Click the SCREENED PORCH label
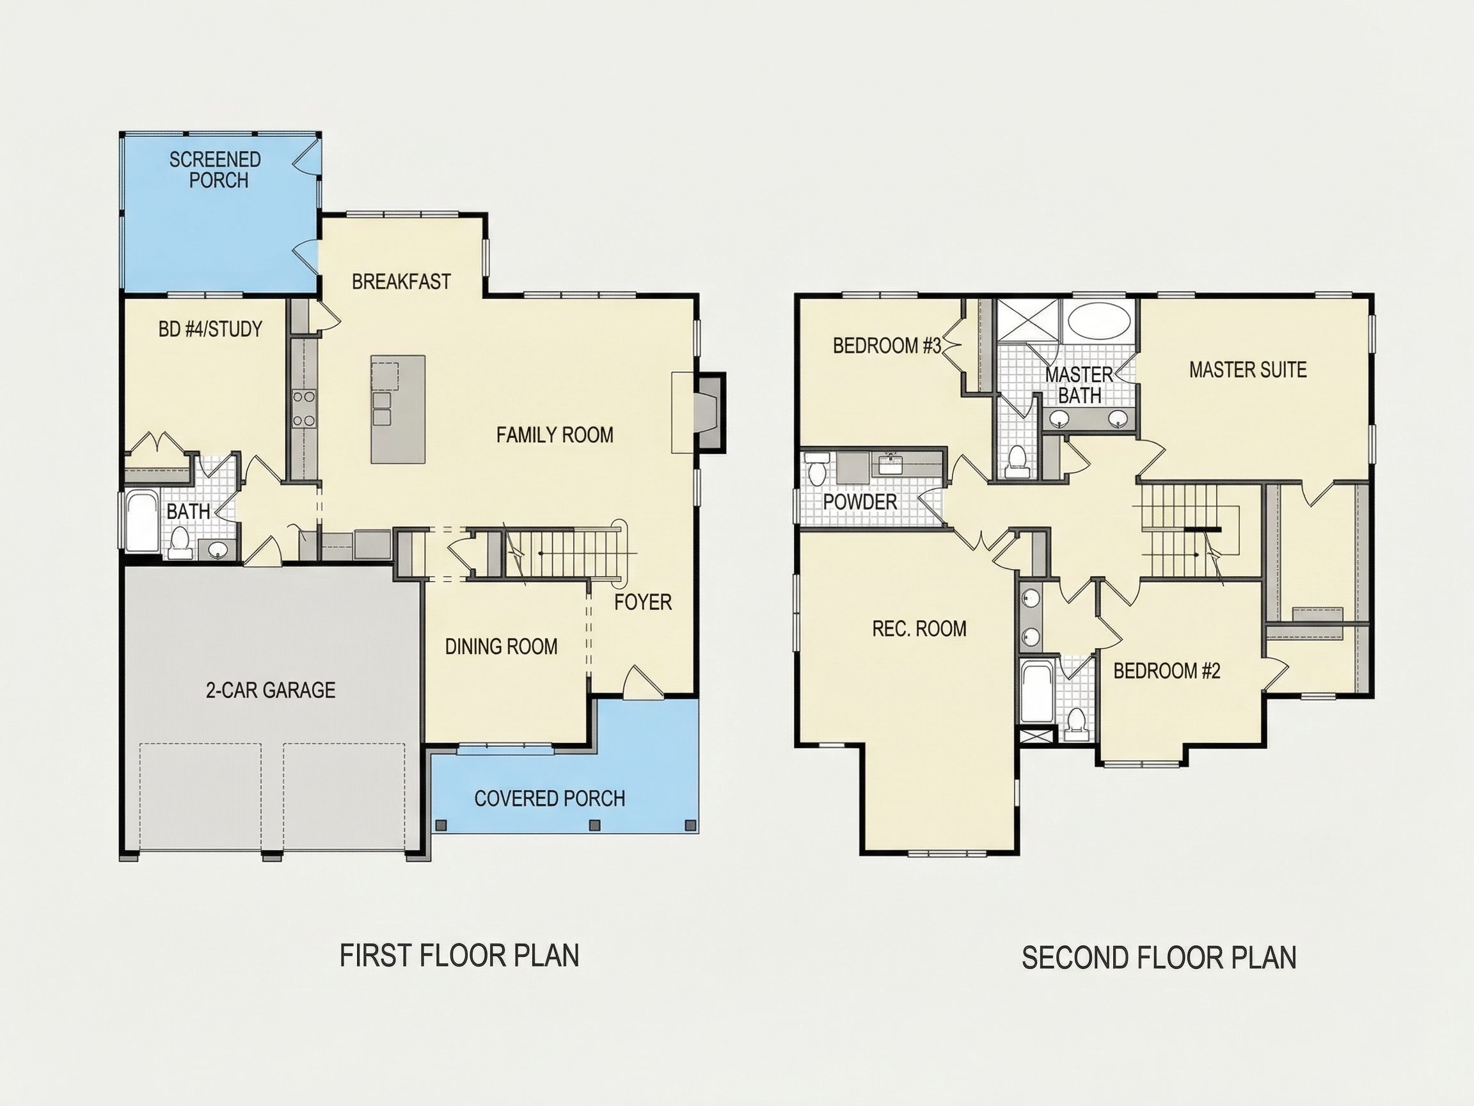215,170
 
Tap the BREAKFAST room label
401,282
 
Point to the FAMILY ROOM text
555,435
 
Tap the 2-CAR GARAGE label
271,690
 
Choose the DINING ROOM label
501,646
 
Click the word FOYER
642,603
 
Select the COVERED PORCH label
550,799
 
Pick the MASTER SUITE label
1248,370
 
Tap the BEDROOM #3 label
887,346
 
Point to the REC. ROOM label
919,629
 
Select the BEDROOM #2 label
1167,671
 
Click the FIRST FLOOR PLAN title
459,956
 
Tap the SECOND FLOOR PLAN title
1159,958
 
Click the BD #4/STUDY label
210,330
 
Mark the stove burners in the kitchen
305,408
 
